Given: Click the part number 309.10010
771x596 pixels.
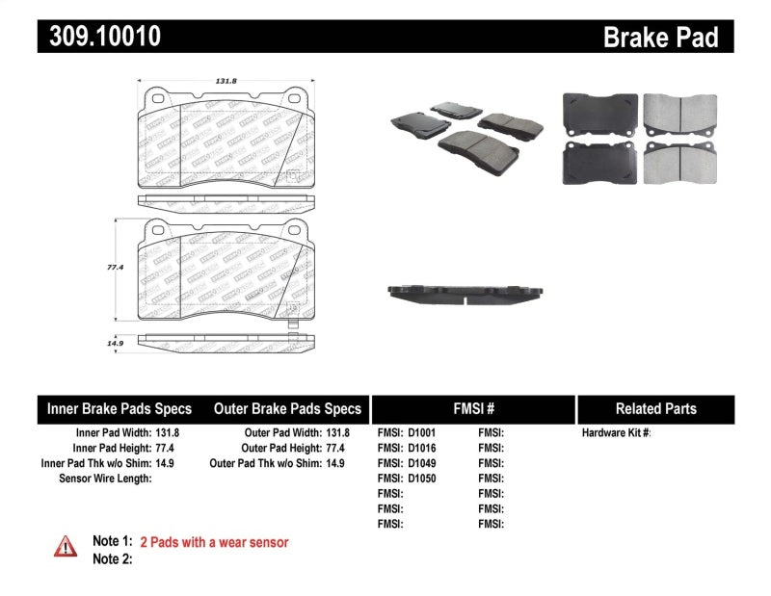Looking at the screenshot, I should [x=98, y=37].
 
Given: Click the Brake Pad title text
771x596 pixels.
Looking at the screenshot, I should [x=660, y=38].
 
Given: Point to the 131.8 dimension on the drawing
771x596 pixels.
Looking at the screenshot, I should [x=226, y=82].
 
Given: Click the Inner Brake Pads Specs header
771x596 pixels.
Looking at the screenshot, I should [x=120, y=408].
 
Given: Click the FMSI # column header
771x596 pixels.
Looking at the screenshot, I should [x=473, y=408].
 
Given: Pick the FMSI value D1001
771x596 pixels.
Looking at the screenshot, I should [x=421, y=433].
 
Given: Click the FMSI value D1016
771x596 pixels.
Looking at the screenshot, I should [x=421, y=448].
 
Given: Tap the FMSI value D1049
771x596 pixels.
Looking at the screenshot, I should [x=421, y=463].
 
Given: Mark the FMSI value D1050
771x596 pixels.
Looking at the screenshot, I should [x=421, y=478].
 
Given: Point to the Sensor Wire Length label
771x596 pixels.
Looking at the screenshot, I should [x=105, y=478].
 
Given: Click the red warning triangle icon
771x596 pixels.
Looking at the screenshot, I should [x=66, y=546].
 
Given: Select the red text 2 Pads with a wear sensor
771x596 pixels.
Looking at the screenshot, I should [x=214, y=542].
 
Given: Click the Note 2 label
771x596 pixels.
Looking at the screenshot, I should [x=112, y=558].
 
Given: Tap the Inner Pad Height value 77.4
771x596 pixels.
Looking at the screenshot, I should [x=168, y=448].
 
